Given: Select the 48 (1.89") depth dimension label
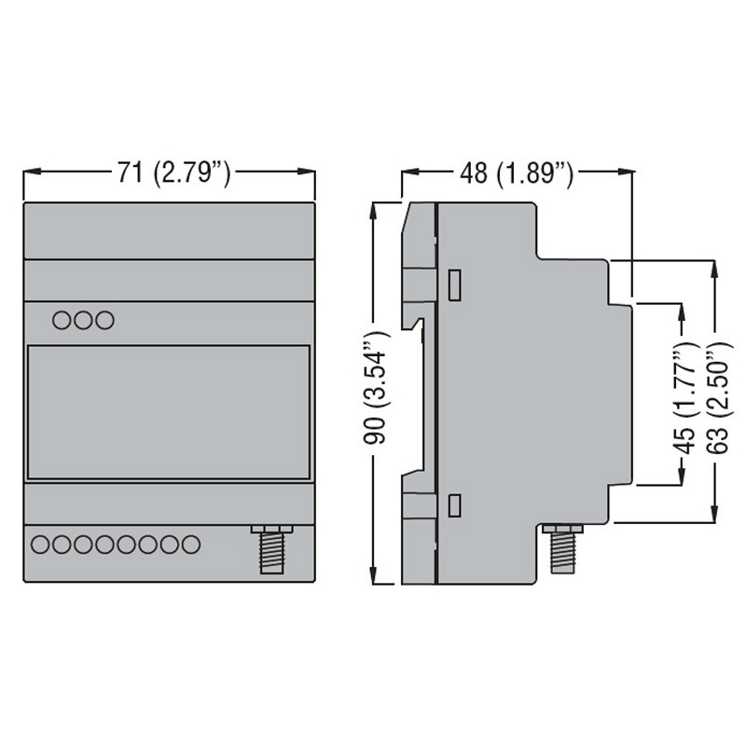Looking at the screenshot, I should click(516, 172).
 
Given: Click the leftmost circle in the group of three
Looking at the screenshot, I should click(62, 320).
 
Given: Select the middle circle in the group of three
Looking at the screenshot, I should click(84, 320).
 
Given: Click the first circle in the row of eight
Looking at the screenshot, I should click(41, 543).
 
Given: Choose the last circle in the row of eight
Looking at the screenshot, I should click(191, 543).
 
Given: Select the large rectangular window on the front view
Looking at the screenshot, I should click(168, 411).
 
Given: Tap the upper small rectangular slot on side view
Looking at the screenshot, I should click(454, 284).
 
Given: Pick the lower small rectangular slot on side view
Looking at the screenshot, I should click(454, 506).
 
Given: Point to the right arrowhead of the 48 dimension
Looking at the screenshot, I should click(627, 172).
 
